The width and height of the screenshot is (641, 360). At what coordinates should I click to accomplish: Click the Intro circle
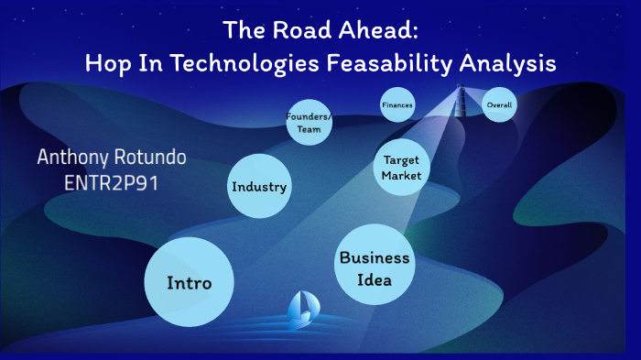coord(190,282)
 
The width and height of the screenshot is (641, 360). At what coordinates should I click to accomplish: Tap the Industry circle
coord(259,187)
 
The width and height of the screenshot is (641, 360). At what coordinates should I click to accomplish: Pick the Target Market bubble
coord(401,167)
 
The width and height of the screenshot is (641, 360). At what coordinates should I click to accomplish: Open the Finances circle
coord(397,105)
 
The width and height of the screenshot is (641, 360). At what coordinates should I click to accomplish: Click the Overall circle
coord(499,105)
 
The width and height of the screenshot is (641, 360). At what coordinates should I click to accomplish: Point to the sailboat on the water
coord(302,310)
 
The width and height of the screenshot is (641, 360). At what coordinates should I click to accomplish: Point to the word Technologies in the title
coord(222,63)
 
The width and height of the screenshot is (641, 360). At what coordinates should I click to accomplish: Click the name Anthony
coord(74,157)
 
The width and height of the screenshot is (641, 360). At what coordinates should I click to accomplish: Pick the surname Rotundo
coord(151,157)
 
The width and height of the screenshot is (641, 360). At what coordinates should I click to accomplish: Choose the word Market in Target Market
coord(401,175)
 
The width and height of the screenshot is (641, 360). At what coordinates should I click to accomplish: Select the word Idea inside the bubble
coord(375,279)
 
